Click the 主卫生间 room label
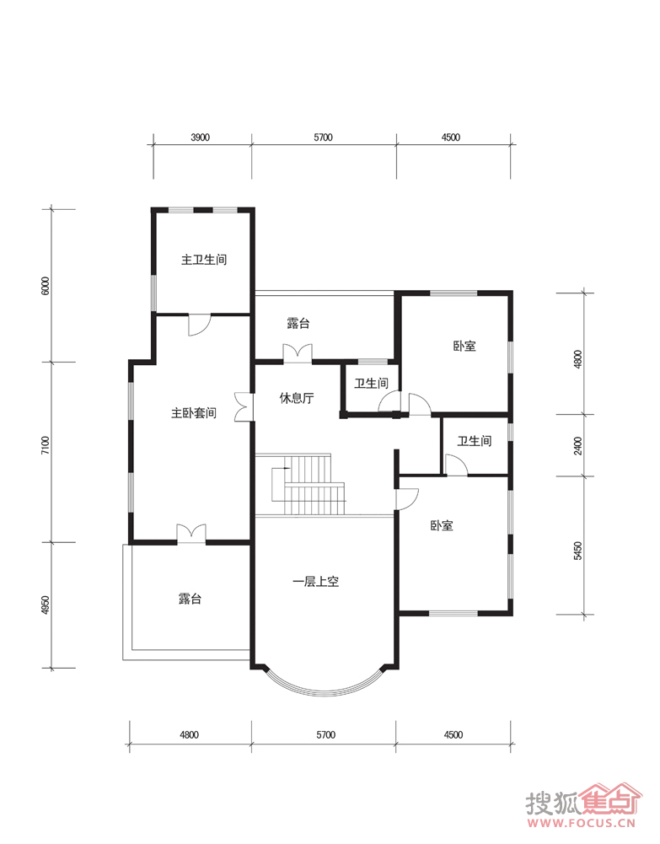tap(204, 260)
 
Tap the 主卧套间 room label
tap(194, 413)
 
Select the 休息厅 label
tap(297, 398)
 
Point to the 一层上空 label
tap(315, 582)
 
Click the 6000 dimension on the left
tap(46, 285)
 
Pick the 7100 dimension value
tap(46, 446)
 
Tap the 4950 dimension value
tap(46, 605)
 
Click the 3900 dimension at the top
tap(200, 137)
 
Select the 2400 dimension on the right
tap(577, 446)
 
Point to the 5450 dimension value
tap(577, 551)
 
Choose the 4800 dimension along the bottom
tap(190, 734)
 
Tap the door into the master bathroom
tap(199, 325)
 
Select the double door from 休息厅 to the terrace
tap(298, 353)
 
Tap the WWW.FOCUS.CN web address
tap(582, 824)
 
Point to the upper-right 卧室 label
tap(464, 346)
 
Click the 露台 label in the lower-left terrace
tap(190, 599)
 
